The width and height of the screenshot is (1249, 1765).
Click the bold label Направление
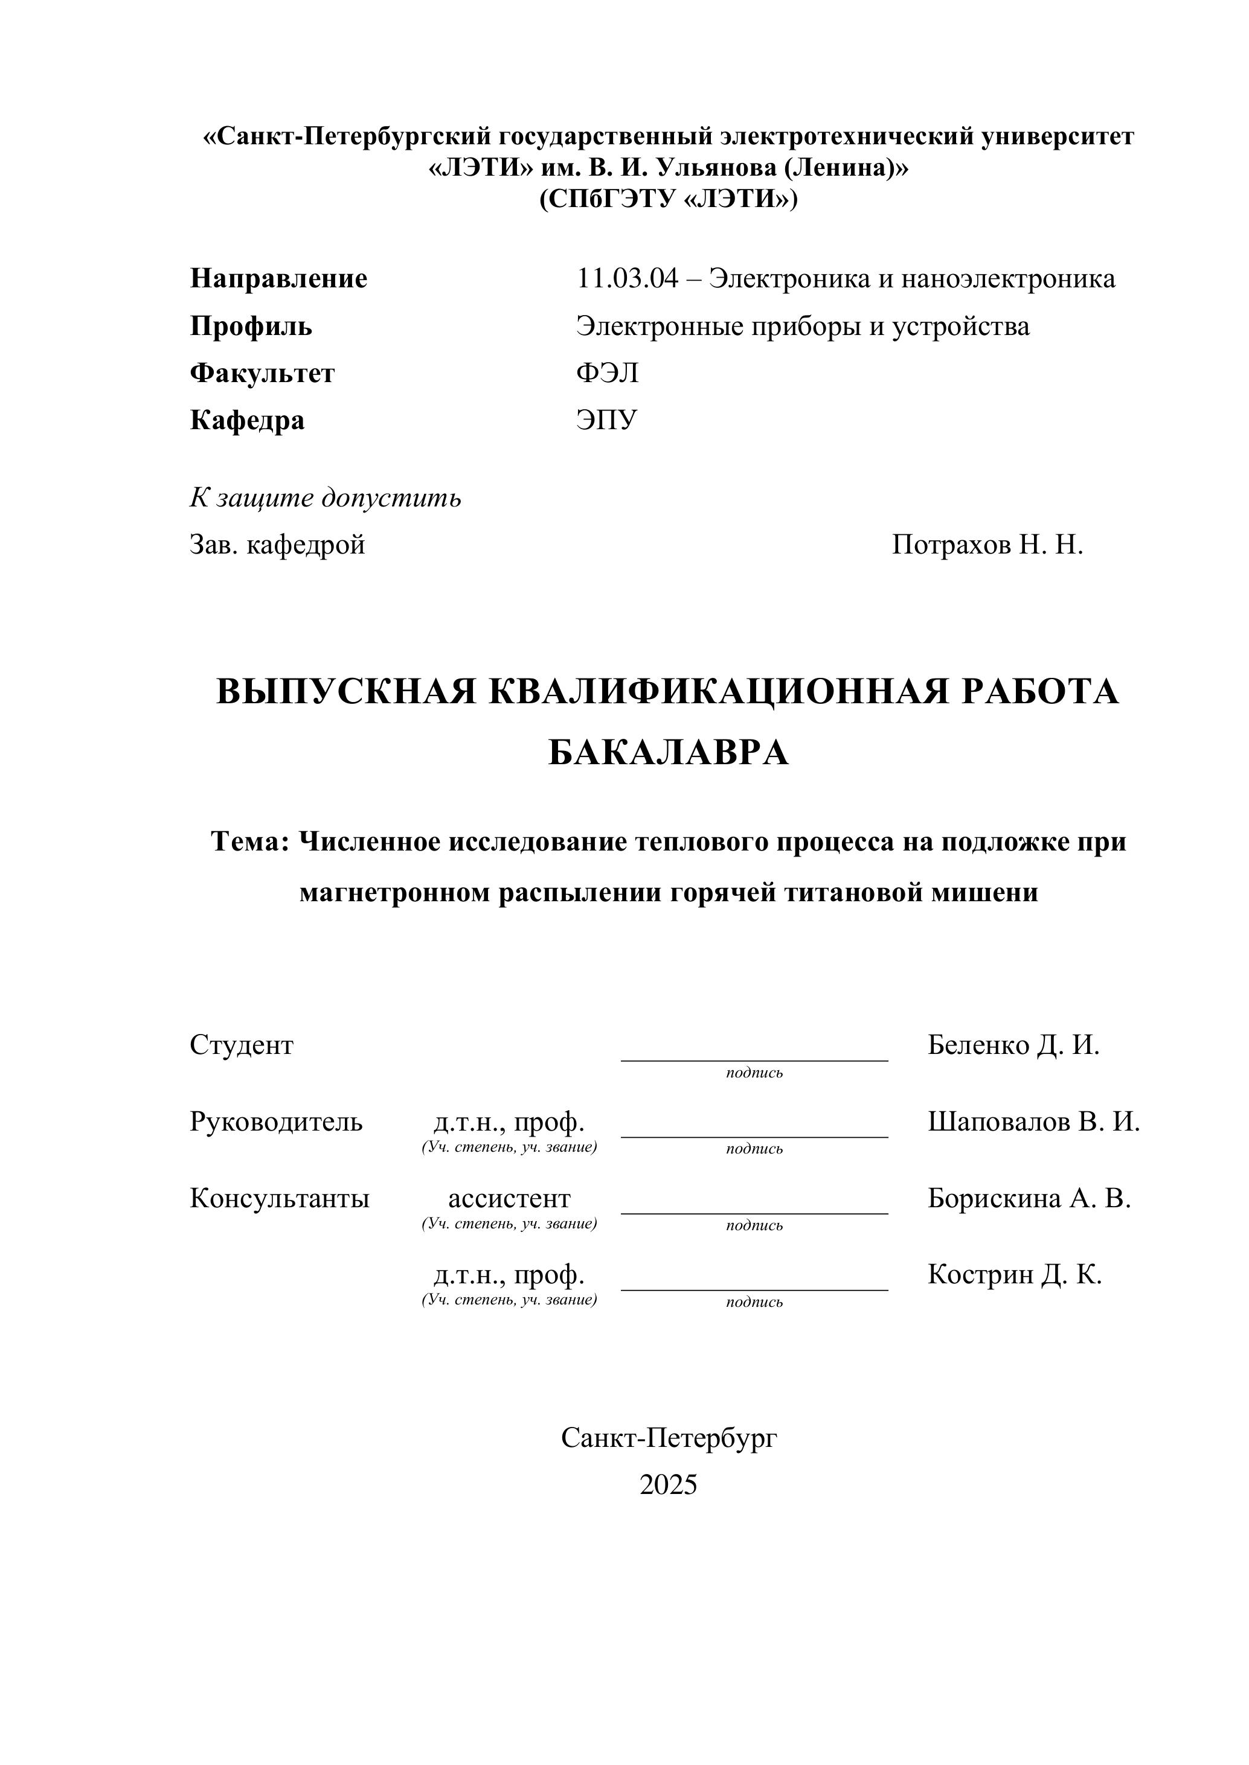point(278,278)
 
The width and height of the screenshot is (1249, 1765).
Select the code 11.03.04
point(628,278)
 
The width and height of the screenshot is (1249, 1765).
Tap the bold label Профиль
point(251,326)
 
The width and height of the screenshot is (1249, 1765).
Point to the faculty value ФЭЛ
point(608,373)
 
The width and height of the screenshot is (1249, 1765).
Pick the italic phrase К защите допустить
point(326,498)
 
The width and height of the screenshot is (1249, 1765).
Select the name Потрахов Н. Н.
point(987,545)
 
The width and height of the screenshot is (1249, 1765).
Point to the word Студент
point(242,1045)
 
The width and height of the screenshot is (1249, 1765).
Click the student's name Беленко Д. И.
point(1013,1045)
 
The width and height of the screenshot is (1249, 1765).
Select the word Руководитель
point(276,1122)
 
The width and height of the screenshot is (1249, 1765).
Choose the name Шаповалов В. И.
point(1033,1122)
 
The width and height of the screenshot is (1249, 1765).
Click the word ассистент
point(509,1198)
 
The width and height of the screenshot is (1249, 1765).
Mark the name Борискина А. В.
point(1029,1198)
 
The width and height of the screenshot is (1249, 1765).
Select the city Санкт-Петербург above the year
point(669,1438)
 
